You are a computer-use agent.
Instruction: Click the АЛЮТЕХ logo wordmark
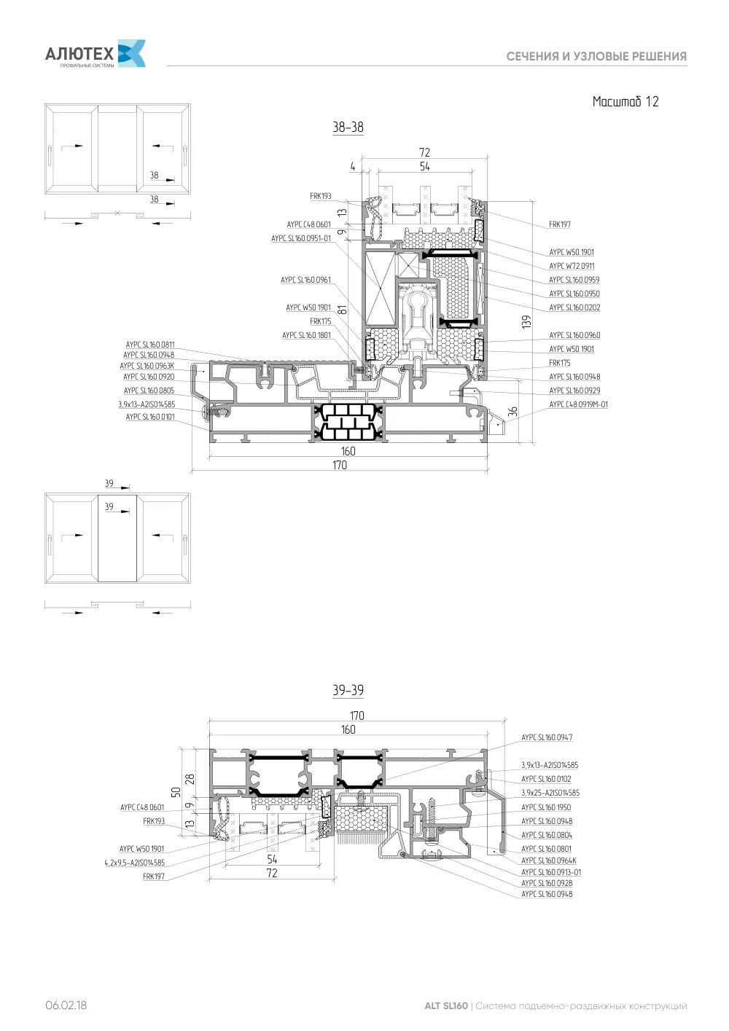click(79, 54)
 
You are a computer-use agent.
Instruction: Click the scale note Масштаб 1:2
click(625, 101)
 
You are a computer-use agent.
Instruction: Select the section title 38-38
click(348, 127)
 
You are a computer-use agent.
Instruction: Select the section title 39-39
click(348, 690)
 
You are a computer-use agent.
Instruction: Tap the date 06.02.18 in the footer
click(66, 1005)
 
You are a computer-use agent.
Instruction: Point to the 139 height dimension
click(526, 321)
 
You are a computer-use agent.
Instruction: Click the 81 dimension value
click(342, 309)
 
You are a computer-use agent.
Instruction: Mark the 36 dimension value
click(512, 412)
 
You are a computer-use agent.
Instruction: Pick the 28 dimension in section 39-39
click(190, 779)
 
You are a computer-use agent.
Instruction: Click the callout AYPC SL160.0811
click(150, 345)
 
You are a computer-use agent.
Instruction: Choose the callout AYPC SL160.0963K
click(147, 366)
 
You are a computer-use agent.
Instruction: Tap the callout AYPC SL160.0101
click(150, 417)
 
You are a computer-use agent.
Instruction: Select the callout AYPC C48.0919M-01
click(578, 404)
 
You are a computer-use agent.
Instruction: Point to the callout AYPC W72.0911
click(572, 266)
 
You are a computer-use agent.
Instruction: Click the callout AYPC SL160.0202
click(574, 307)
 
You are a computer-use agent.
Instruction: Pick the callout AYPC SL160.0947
click(547, 737)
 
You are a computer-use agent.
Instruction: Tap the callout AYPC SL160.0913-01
click(551, 872)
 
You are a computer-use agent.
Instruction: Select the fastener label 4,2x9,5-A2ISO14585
click(134, 863)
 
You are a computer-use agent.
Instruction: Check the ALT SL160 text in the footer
click(445, 1005)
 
